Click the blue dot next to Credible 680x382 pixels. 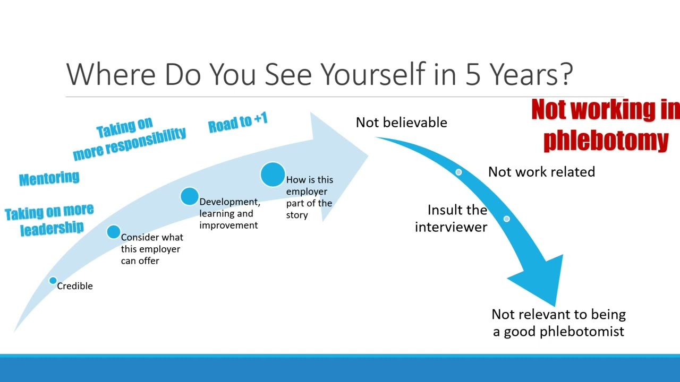tap(53, 281)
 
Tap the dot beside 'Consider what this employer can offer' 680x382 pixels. tap(113, 232)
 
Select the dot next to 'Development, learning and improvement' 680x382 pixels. tap(189, 196)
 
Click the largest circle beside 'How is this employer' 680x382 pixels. tap(273, 175)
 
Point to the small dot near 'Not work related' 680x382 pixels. tap(458, 172)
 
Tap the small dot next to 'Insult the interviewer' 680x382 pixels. tap(506, 219)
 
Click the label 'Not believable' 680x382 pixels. tap(401, 123)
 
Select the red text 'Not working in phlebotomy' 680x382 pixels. tap(605, 125)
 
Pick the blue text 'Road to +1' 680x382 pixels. tap(237, 123)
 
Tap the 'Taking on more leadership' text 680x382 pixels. tap(49, 220)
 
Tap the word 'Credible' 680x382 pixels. tap(75, 286)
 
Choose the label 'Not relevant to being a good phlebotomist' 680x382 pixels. tap(558, 323)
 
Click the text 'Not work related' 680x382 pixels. tap(541, 172)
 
